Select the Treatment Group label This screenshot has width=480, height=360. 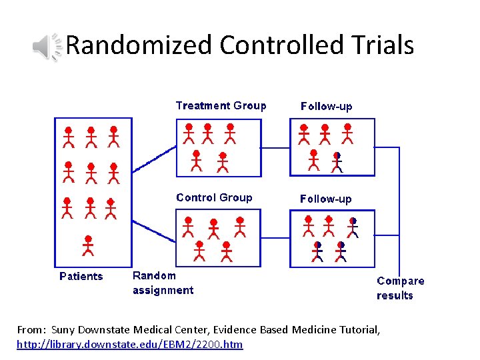pyautogui.click(x=221, y=105)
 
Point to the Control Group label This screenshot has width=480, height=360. pyautogui.click(x=214, y=197)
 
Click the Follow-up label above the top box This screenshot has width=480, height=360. pyautogui.click(x=326, y=106)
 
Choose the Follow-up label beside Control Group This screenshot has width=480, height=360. pyautogui.click(x=326, y=199)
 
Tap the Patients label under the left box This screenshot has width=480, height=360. pyautogui.click(x=81, y=276)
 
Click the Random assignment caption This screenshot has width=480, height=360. pyautogui.click(x=163, y=283)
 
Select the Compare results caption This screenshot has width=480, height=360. pyautogui.click(x=400, y=288)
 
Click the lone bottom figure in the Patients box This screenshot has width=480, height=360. pyautogui.click(x=88, y=245)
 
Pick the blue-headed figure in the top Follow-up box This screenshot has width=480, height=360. pyautogui.click(x=337, y=162)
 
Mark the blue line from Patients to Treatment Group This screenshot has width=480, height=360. pyautogui.click(x=153, y=160)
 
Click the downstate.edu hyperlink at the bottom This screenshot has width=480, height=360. pyautogui.click(x=130, y=344)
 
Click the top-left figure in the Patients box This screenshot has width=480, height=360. pyautogui.click(x=68, y=136)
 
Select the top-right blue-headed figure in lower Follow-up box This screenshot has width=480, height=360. pyautogui.click(x=353, y=227)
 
